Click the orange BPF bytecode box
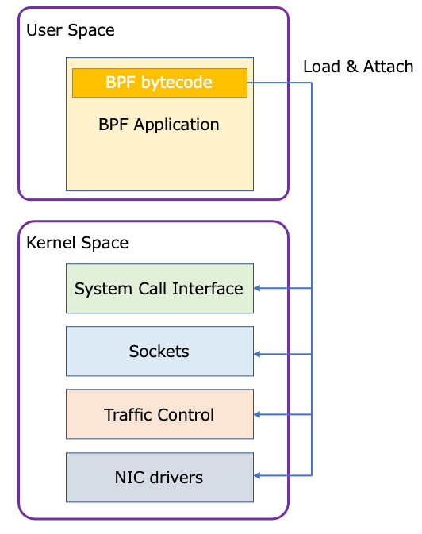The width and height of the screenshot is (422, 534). pyautogui.click(x=159, y=83)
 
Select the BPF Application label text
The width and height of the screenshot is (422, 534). pyautogui.click(x=159, y=125)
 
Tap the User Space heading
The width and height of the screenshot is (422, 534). pyautogui.click(x=71, y=30)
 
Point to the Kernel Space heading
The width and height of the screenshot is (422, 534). pyautogui.click(x=77, y=242)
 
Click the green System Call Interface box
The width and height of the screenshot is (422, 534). pyautogui.click(x=159, y=289)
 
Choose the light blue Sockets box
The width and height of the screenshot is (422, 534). pyautogui.click(x=159, y=351)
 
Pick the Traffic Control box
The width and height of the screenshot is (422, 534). pyautogui.click(x=159, y=414)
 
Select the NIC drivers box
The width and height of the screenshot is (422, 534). pyautogui.click(x=159, y=478)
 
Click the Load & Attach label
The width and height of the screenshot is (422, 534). pyautogui.click(x=358, y=67)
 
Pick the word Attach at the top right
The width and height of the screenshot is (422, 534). pyautogui.click(x=389, y=67)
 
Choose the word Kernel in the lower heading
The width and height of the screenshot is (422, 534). pyautogui.click(x=49, y=242)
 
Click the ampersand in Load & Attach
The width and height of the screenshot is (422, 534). pyautogui.click(x=351, y=67)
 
